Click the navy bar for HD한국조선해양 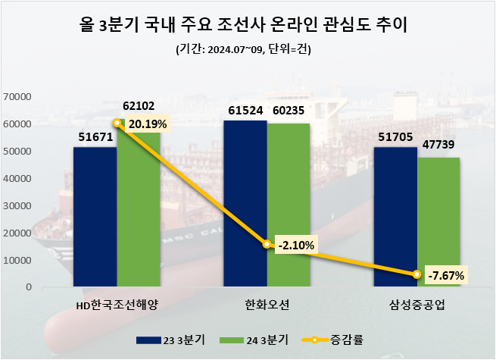tap(95, 218)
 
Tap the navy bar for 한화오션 tap(245, 204)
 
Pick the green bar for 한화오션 tap(289, 205)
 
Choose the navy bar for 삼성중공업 tap(395, 218)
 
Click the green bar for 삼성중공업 tap(439, 223)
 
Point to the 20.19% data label tap(147, 124)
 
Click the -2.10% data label tap(296, 244)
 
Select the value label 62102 tap(139, 107)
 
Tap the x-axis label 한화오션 tap(267, 305)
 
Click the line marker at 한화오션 tap(267, 244)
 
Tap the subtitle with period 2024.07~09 tap(247, 50)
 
